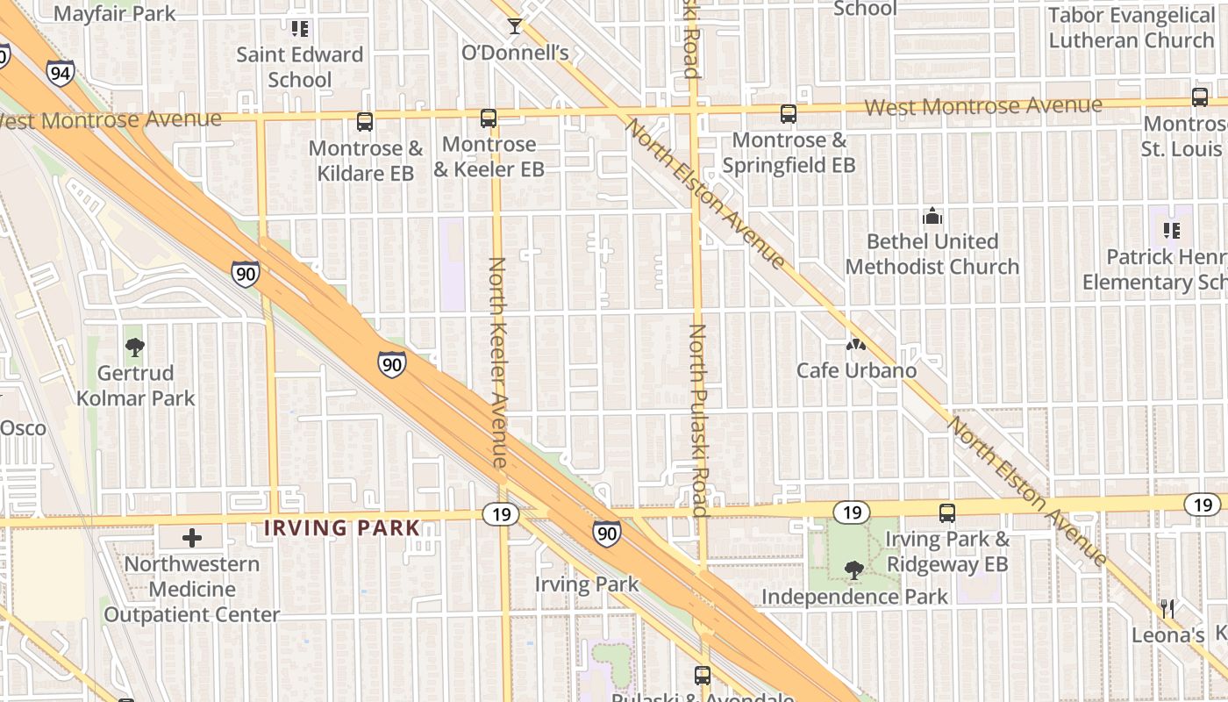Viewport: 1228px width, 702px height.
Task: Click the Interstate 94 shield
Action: point(61,73)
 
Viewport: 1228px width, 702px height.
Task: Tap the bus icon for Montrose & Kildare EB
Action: point(365,122)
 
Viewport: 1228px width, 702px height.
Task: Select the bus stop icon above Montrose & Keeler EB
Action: point(489,118)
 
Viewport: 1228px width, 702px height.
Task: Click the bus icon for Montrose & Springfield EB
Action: point(789,113)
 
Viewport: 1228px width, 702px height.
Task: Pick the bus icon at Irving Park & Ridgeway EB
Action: point(947,513)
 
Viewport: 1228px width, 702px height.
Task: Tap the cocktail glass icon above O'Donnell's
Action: point(515,26)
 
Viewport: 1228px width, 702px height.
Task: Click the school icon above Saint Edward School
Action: point(301,29)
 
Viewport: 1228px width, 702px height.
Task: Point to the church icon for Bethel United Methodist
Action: point(932,215)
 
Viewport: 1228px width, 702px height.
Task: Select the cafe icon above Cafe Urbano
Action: point(855,345)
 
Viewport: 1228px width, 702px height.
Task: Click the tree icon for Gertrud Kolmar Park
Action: point(134,347)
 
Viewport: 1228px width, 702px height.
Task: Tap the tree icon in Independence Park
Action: point(853,570)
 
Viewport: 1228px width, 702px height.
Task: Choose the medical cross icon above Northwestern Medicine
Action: point(192,537)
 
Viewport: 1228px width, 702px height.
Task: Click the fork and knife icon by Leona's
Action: point(1167,608)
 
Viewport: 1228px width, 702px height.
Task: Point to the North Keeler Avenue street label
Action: point(498,362)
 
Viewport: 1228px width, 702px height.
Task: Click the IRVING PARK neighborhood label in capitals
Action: point(342,528)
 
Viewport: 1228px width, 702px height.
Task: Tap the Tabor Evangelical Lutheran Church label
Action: point(1131,28)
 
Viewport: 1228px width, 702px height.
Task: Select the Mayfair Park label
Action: point(114,14)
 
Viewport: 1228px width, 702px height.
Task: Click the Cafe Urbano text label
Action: point(856,370)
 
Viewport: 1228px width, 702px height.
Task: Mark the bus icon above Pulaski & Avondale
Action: point(703,675)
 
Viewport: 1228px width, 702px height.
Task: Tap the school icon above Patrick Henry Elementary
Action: point(1171,231)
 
